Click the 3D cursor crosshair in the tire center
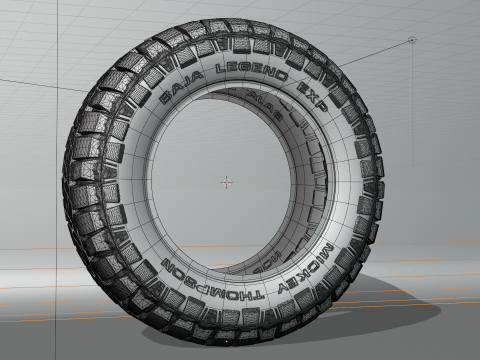(x=227, y=182)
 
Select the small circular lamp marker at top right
(x=412, y=40)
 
